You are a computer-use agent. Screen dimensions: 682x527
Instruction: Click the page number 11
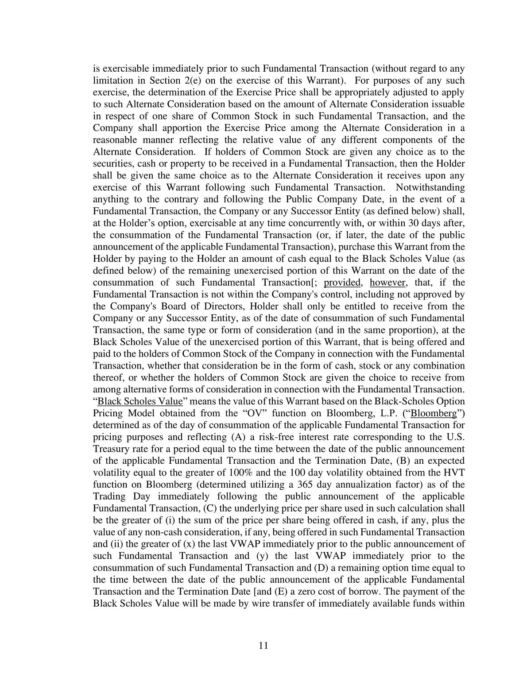(x=263, y=645)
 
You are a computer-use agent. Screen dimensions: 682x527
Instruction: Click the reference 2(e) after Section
(x=177, y=81)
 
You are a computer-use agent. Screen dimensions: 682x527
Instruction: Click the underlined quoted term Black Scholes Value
(x=140, y=401)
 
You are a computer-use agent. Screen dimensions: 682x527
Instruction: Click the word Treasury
(x=110, y=449)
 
